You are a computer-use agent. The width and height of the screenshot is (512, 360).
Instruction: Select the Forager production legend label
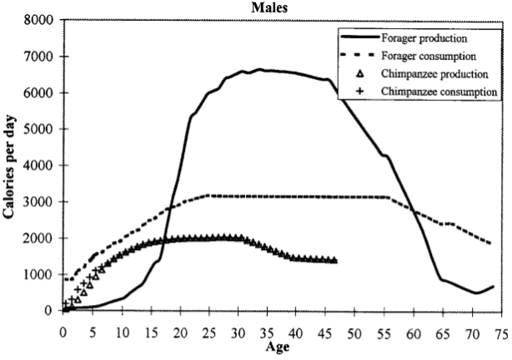tap(424, 38)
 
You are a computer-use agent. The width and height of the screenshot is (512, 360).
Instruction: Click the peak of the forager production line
tap(260, 69)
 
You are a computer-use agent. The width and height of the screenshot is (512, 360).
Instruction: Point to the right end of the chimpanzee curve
tap(335, 261)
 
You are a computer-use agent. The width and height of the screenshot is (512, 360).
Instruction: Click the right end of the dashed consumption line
tap(490, 243)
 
